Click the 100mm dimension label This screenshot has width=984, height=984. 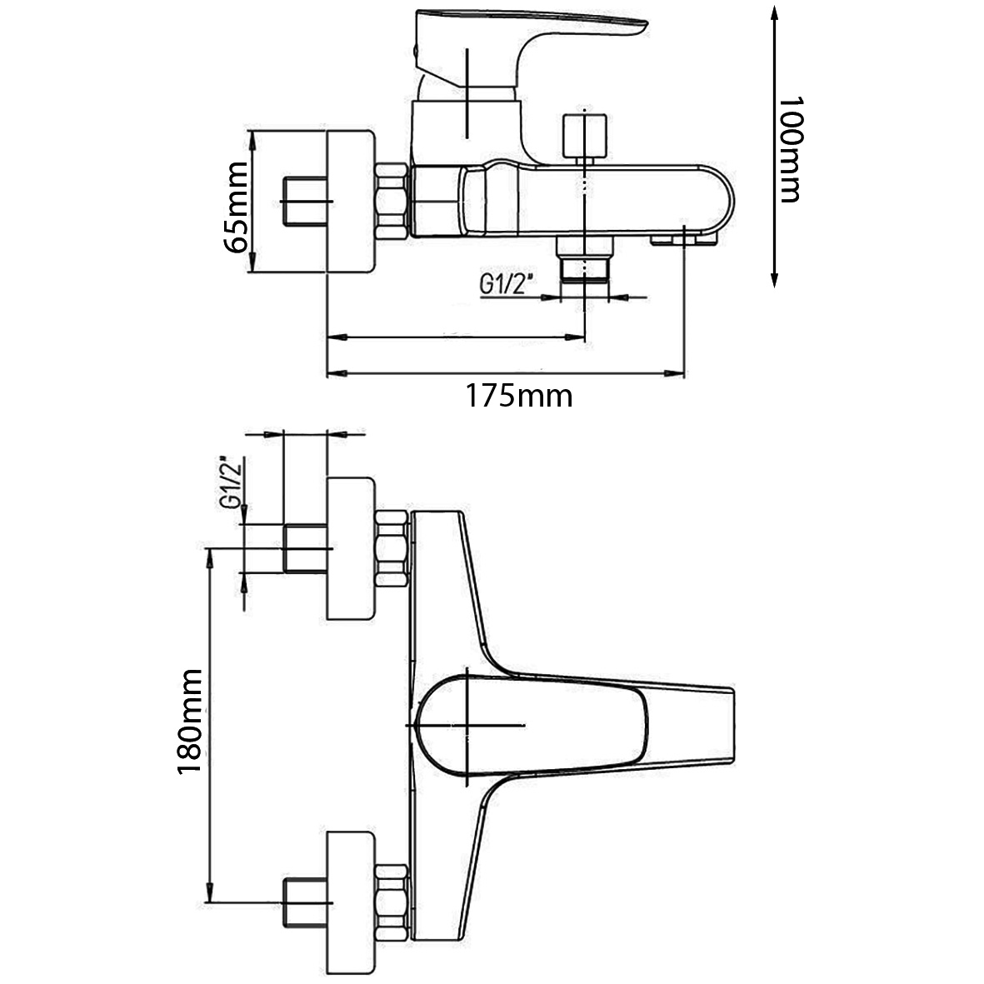tap(789, 149)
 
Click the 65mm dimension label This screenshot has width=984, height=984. tap(237, 207)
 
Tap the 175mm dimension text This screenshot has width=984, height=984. tap(518, 397)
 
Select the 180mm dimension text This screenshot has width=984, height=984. tap(190, 722)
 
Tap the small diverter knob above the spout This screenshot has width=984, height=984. tap(585, 136)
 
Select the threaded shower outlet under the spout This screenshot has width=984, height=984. tap(585, 260)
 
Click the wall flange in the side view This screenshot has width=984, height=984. tap(351, 202)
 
